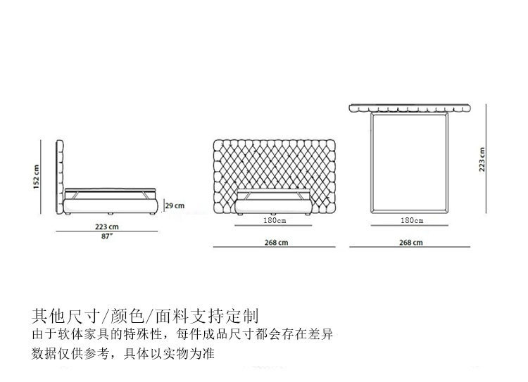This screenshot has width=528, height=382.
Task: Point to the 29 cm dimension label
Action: click(174, 205)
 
